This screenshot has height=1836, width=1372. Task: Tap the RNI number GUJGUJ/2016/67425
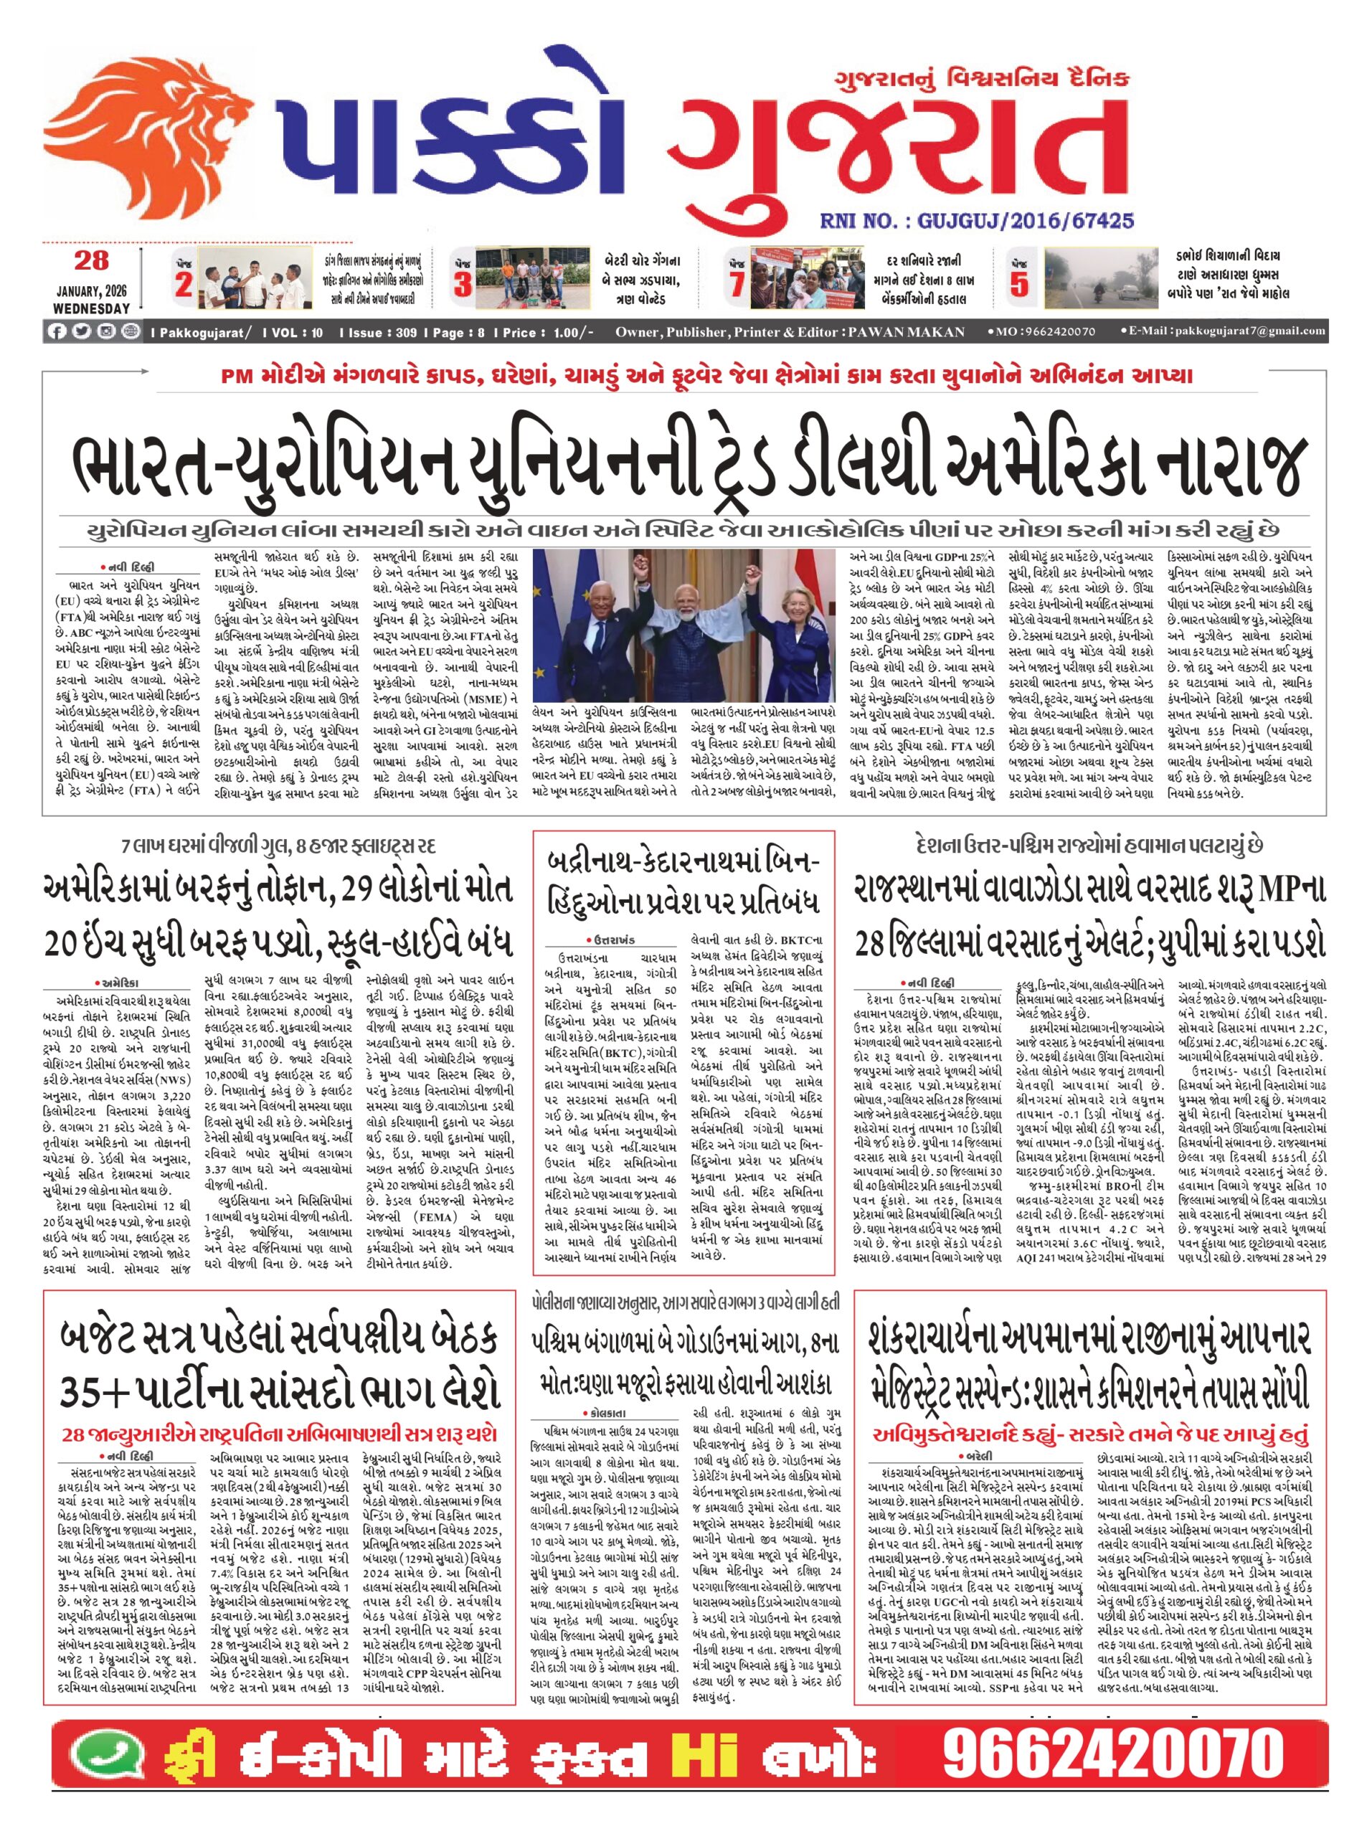click(976, 221)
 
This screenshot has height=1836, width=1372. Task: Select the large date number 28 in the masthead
click(91, 260)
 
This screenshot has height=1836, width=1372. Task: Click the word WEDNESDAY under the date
click(91, 308)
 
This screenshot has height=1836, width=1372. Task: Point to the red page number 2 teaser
click(184, 285)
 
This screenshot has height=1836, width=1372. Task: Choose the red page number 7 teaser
click(737, 285)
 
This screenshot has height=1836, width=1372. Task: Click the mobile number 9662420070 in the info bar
click(1046, 332)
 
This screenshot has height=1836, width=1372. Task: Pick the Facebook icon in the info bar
click(57, 331)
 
